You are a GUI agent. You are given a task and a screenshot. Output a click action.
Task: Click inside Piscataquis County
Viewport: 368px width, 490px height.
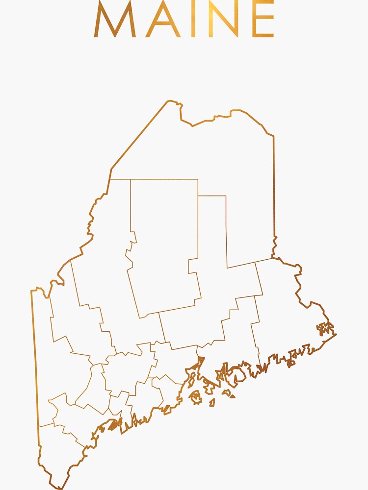tap(164, 245)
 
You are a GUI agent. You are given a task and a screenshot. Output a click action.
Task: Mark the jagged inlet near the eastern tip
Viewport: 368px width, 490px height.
tap(324, 328)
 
